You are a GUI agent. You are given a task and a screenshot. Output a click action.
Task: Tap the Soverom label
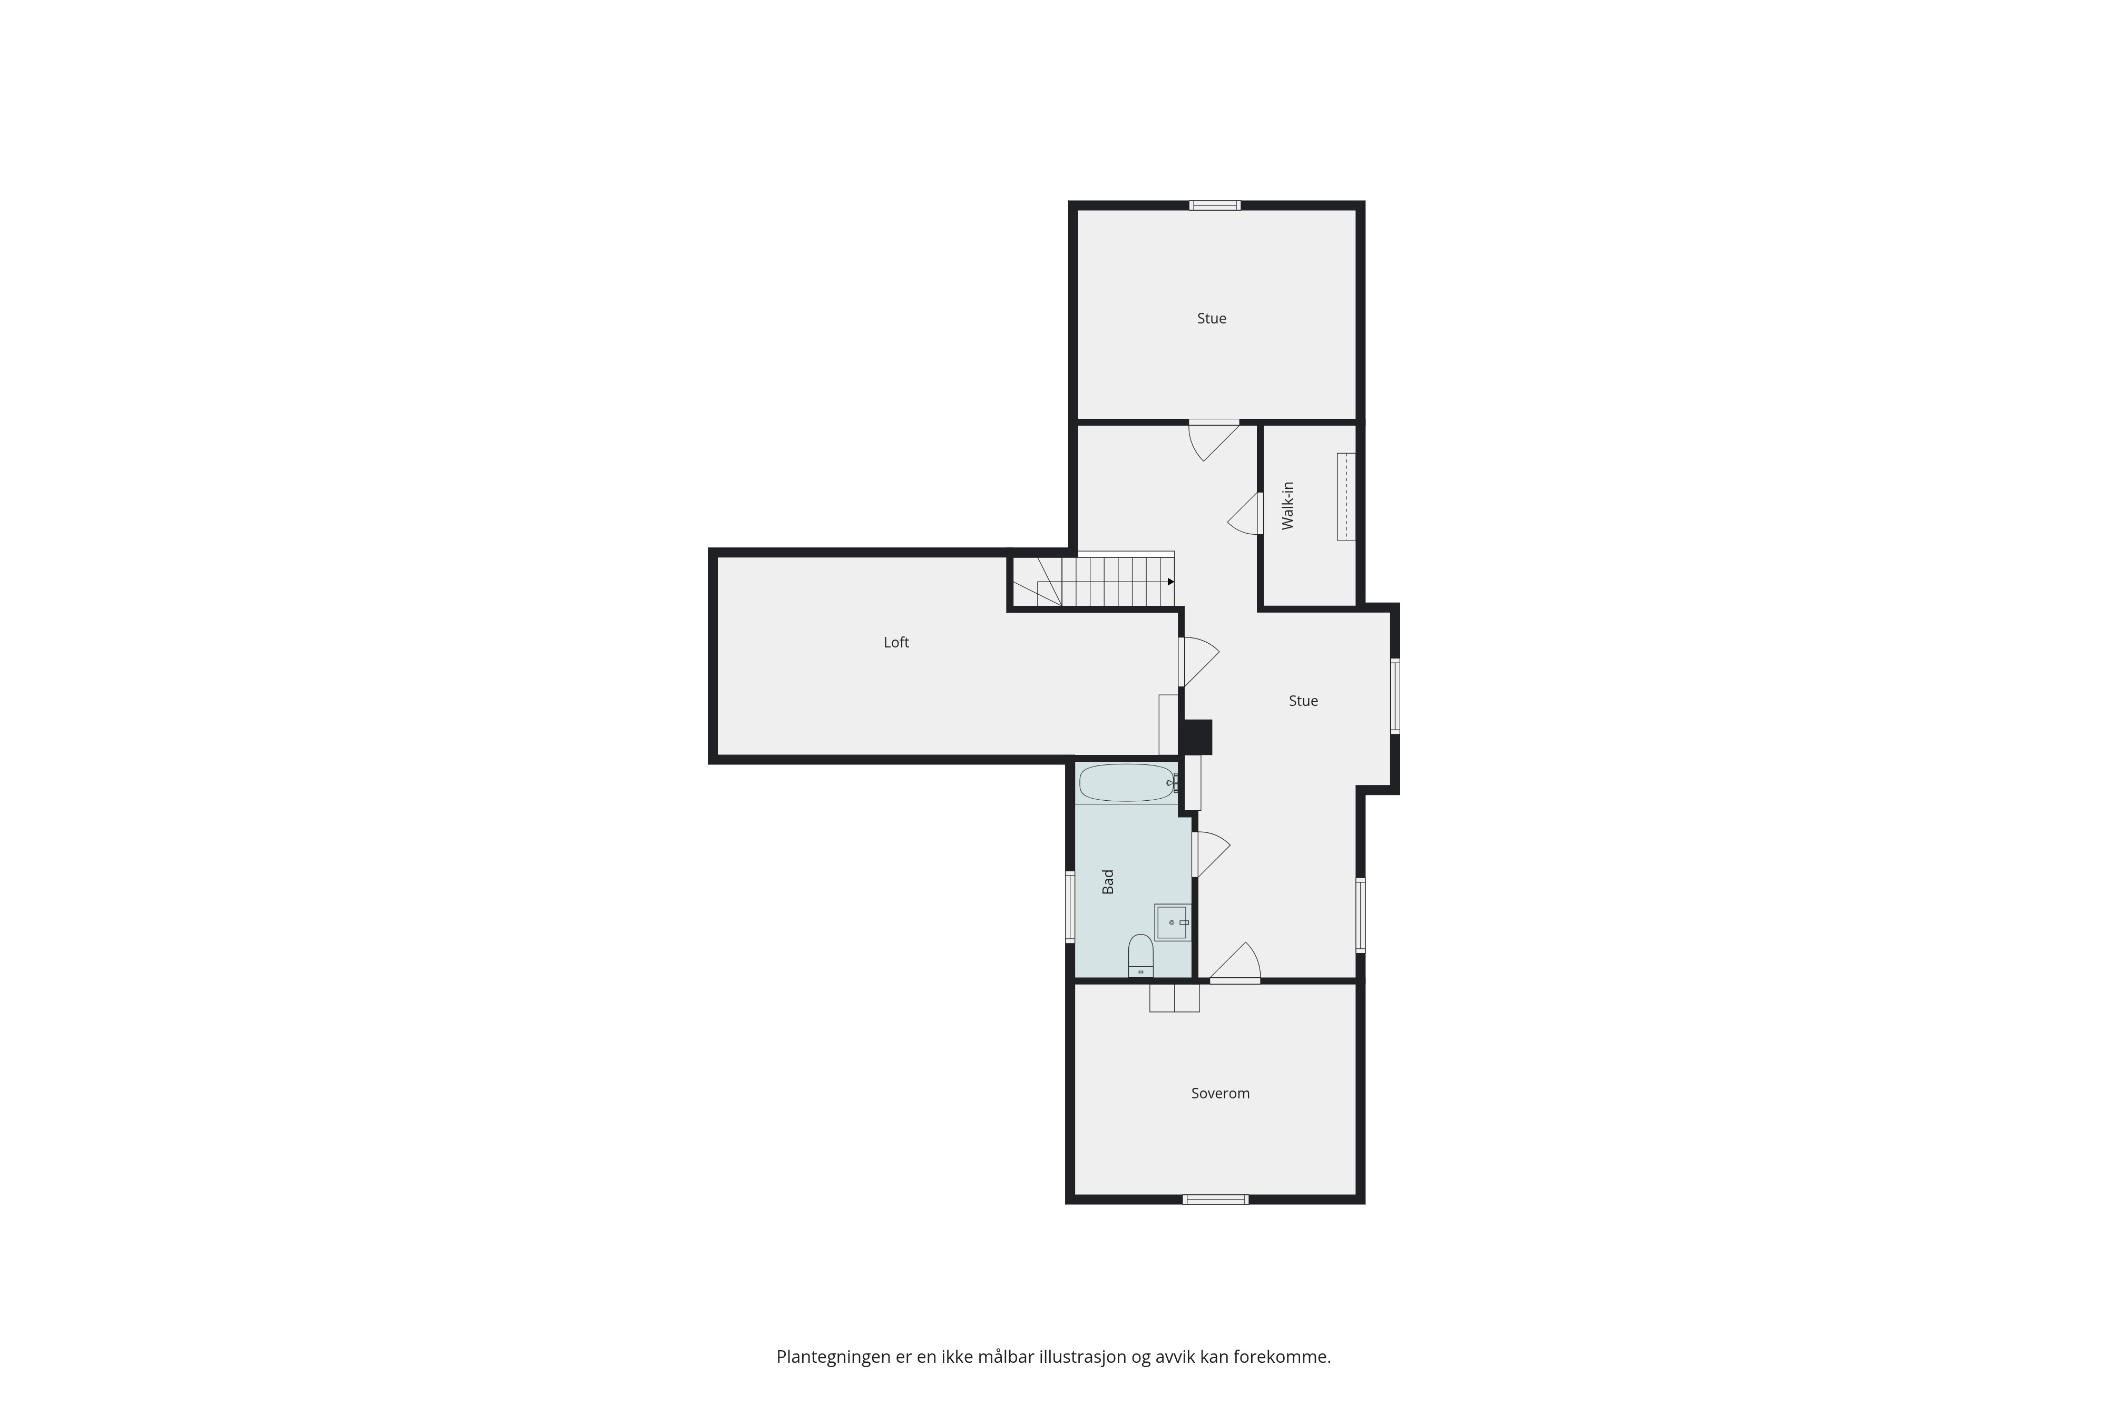click(x=1220, y=1093)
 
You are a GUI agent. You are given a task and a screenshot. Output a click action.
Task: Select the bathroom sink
click(x=1172, y=922)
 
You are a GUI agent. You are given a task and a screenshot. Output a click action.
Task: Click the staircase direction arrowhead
click(x=1170, y=582)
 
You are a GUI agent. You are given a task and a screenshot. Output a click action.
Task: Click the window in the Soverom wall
click(x=1215, y=1200)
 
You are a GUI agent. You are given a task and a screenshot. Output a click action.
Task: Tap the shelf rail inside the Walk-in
click(x=1346, y=496)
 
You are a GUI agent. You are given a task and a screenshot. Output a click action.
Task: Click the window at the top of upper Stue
click(x=1215, y=205)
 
